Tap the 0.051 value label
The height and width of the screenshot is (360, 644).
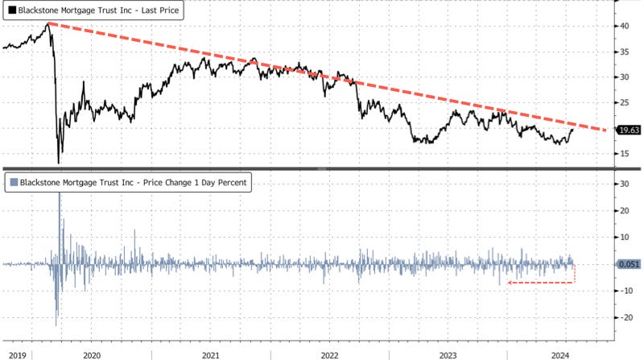click(x=627, y=263)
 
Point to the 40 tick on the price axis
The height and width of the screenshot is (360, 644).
click(x=625, y=26)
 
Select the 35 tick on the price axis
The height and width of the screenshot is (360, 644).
click(x=625, y=52)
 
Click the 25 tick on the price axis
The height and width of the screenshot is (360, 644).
click(x=625, y=102)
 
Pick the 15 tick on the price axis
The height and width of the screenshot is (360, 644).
click(x=625, y=153)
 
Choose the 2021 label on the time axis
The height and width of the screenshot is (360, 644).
click(x=210, y=354)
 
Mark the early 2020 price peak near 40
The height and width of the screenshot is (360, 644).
click(x=47, y=23)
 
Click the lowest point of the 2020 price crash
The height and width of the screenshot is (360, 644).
click(x=59, y=163)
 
